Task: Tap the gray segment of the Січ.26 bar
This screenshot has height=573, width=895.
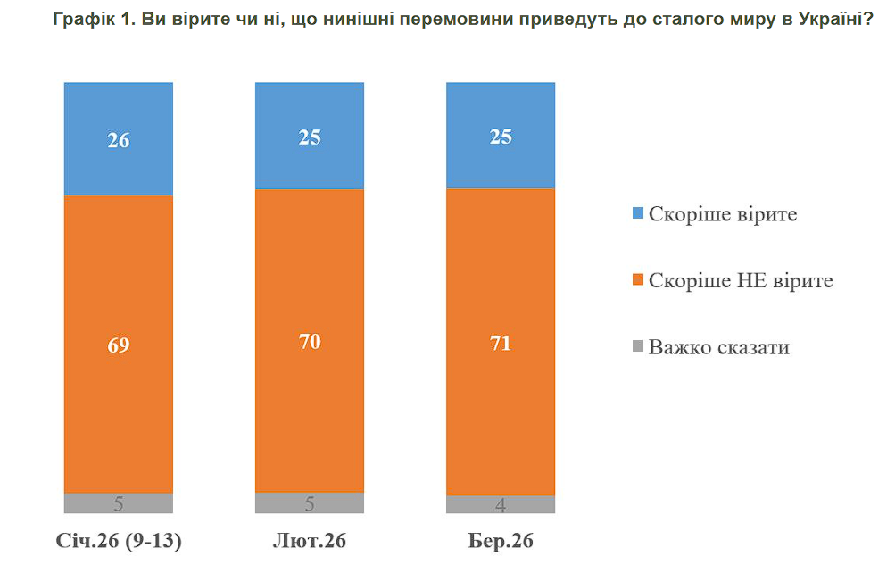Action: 118,503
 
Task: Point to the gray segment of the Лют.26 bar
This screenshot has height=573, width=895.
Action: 310,503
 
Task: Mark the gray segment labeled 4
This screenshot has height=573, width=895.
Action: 501,505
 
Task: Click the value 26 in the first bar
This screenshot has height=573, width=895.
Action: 118,140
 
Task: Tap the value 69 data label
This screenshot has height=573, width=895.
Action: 118,345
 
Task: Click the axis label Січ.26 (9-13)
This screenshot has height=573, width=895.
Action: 118,542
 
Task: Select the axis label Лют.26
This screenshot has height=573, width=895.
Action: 309,542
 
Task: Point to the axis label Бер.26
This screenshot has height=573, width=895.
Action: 501,542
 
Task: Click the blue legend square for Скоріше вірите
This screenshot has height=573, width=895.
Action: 637,214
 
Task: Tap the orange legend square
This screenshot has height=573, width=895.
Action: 637,281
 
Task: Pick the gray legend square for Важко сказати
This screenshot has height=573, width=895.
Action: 637,347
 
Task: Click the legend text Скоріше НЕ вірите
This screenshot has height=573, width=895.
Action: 741,281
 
